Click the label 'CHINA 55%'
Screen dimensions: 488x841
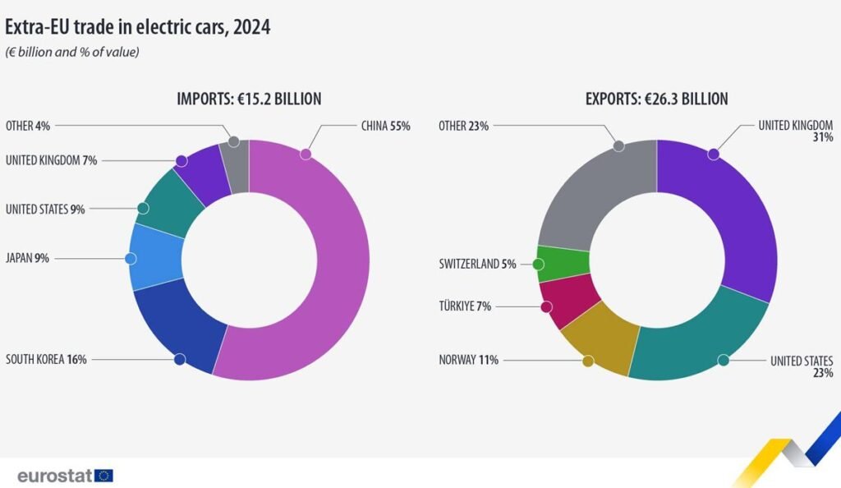[385, 127]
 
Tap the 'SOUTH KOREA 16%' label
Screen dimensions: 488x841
[46, 359]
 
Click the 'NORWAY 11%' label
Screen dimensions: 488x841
[468, 359]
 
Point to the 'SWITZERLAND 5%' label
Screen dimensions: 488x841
[477, 265]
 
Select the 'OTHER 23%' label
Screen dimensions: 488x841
[463, 126]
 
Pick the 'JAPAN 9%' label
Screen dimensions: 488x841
[27, 258]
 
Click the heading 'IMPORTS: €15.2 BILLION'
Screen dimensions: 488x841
[249, 99]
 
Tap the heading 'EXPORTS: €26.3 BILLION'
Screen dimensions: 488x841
[656, 99]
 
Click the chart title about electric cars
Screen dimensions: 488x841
[138, 27]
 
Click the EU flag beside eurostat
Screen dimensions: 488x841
[103, 475]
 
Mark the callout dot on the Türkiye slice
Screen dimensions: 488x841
[545, 306]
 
